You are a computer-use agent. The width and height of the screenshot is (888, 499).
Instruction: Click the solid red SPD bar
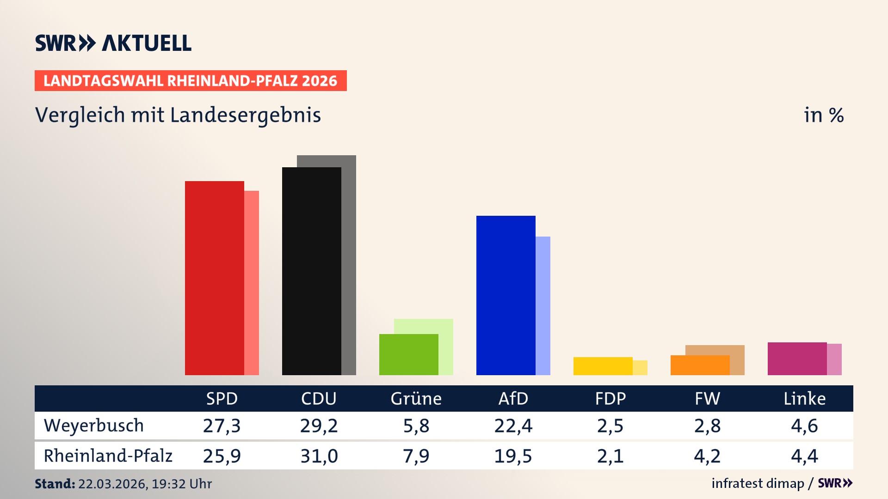(x=214, y=278)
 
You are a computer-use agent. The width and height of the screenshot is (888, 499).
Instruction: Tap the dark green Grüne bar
(x=408, y=354)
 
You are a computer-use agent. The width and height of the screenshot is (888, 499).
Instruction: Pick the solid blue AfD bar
(x=506, y=295)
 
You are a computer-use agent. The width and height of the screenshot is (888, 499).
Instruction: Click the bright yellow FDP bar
(x=603, y=366)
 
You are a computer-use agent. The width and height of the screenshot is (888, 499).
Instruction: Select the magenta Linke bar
(x=797, y=359)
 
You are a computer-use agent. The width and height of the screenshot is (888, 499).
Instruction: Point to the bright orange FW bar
(x=700, y=365)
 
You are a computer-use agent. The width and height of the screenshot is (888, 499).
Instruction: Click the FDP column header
(x=610, y=398)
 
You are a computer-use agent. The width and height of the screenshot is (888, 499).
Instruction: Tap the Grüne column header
(x=416, y=398)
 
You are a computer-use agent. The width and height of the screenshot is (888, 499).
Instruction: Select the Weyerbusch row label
(x=94, y=426)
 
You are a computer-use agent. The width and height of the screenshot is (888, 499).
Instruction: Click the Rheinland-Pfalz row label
(x=108, y=456)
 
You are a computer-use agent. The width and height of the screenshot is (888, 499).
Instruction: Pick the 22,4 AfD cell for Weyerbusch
(x=513, y=426)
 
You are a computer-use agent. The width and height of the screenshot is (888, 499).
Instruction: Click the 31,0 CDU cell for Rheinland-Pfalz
(x=319, y=456)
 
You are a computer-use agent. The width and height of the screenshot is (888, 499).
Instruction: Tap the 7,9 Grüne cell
(x=416, y=456)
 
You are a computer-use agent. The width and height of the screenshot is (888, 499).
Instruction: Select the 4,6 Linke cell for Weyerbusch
(x=804, y=426)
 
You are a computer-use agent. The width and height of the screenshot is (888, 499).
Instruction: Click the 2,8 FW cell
(x=707, y=426)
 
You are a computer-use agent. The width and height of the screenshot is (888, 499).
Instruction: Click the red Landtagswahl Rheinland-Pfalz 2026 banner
(x=191, y=80)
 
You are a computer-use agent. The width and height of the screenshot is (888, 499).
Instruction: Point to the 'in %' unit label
(x=823, y=115)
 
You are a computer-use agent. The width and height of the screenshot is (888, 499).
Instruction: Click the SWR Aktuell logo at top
(x=113, y=43)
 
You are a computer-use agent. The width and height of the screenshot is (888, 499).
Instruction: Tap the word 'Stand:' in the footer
(x=55, y=484)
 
